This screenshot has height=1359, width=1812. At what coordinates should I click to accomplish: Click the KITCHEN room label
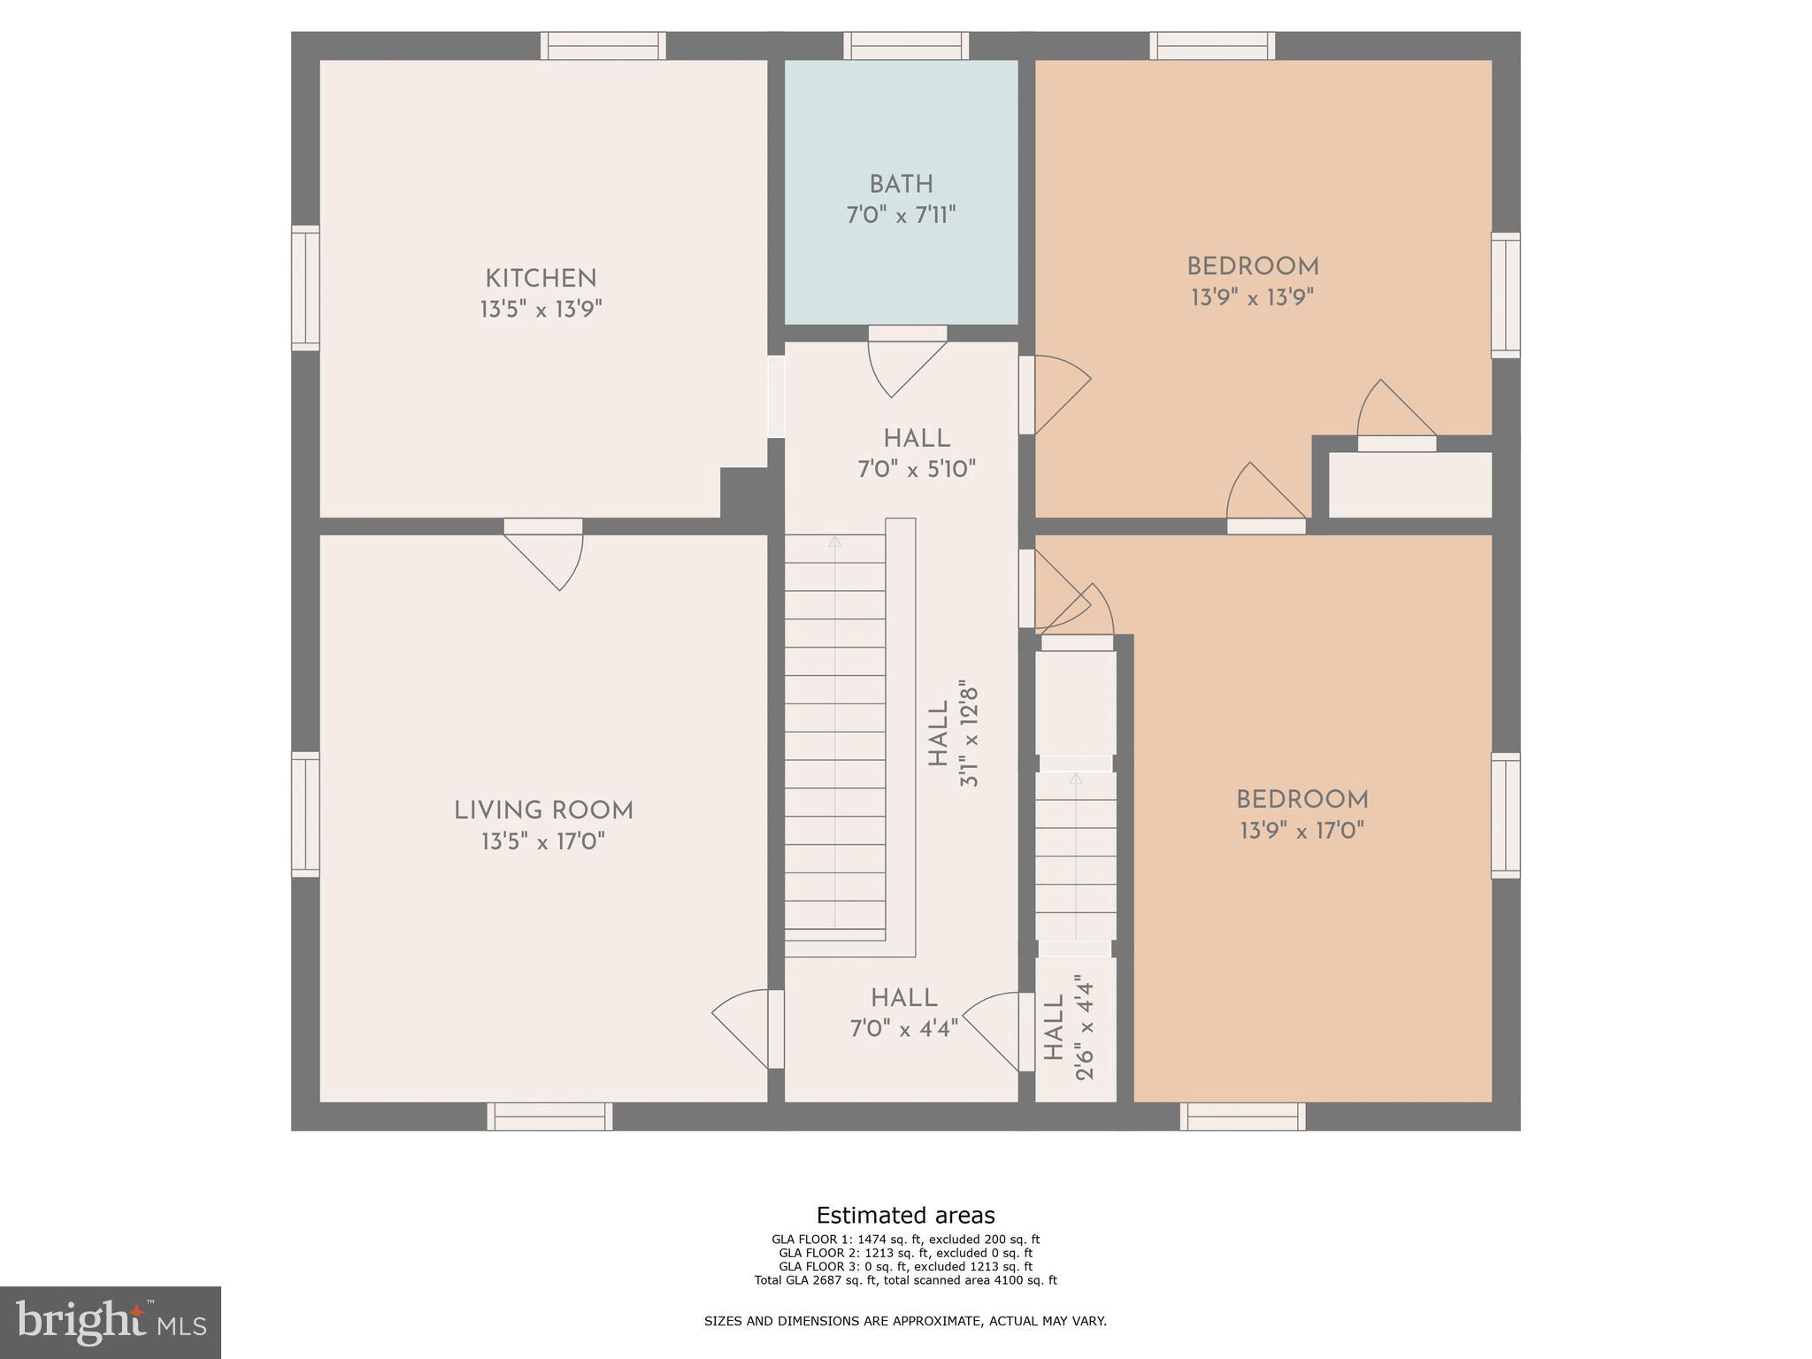(541, 279)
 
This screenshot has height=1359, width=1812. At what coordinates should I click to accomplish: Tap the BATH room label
(901, 185)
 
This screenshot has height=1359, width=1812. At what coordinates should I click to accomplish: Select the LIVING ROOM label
(543, 810)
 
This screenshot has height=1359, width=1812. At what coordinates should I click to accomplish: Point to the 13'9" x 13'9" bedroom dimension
(1252, 298)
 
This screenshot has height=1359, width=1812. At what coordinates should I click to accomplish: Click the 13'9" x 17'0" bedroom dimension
(1301, 831)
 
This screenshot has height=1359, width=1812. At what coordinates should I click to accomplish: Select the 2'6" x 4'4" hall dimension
(1085, 1027)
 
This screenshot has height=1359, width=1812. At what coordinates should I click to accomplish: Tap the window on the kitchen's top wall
(603, 46)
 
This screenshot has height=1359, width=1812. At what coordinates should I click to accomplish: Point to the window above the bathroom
(905, 46)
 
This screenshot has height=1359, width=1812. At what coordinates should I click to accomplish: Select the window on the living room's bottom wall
(549, 1117)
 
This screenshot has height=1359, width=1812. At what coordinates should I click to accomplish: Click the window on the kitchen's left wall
(305, 288)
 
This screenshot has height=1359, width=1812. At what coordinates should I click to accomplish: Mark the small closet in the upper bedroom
(1409, 485)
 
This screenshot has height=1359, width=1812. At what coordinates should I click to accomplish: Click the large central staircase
(835, 734)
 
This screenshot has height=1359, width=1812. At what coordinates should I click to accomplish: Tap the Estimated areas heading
(905, 1215)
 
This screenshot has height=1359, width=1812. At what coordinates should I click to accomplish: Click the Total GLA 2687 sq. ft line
(905, 1280)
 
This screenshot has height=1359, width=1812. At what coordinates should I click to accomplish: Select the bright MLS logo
(111, 1322)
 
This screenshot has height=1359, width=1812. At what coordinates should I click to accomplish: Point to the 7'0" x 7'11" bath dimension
(901, 215)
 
